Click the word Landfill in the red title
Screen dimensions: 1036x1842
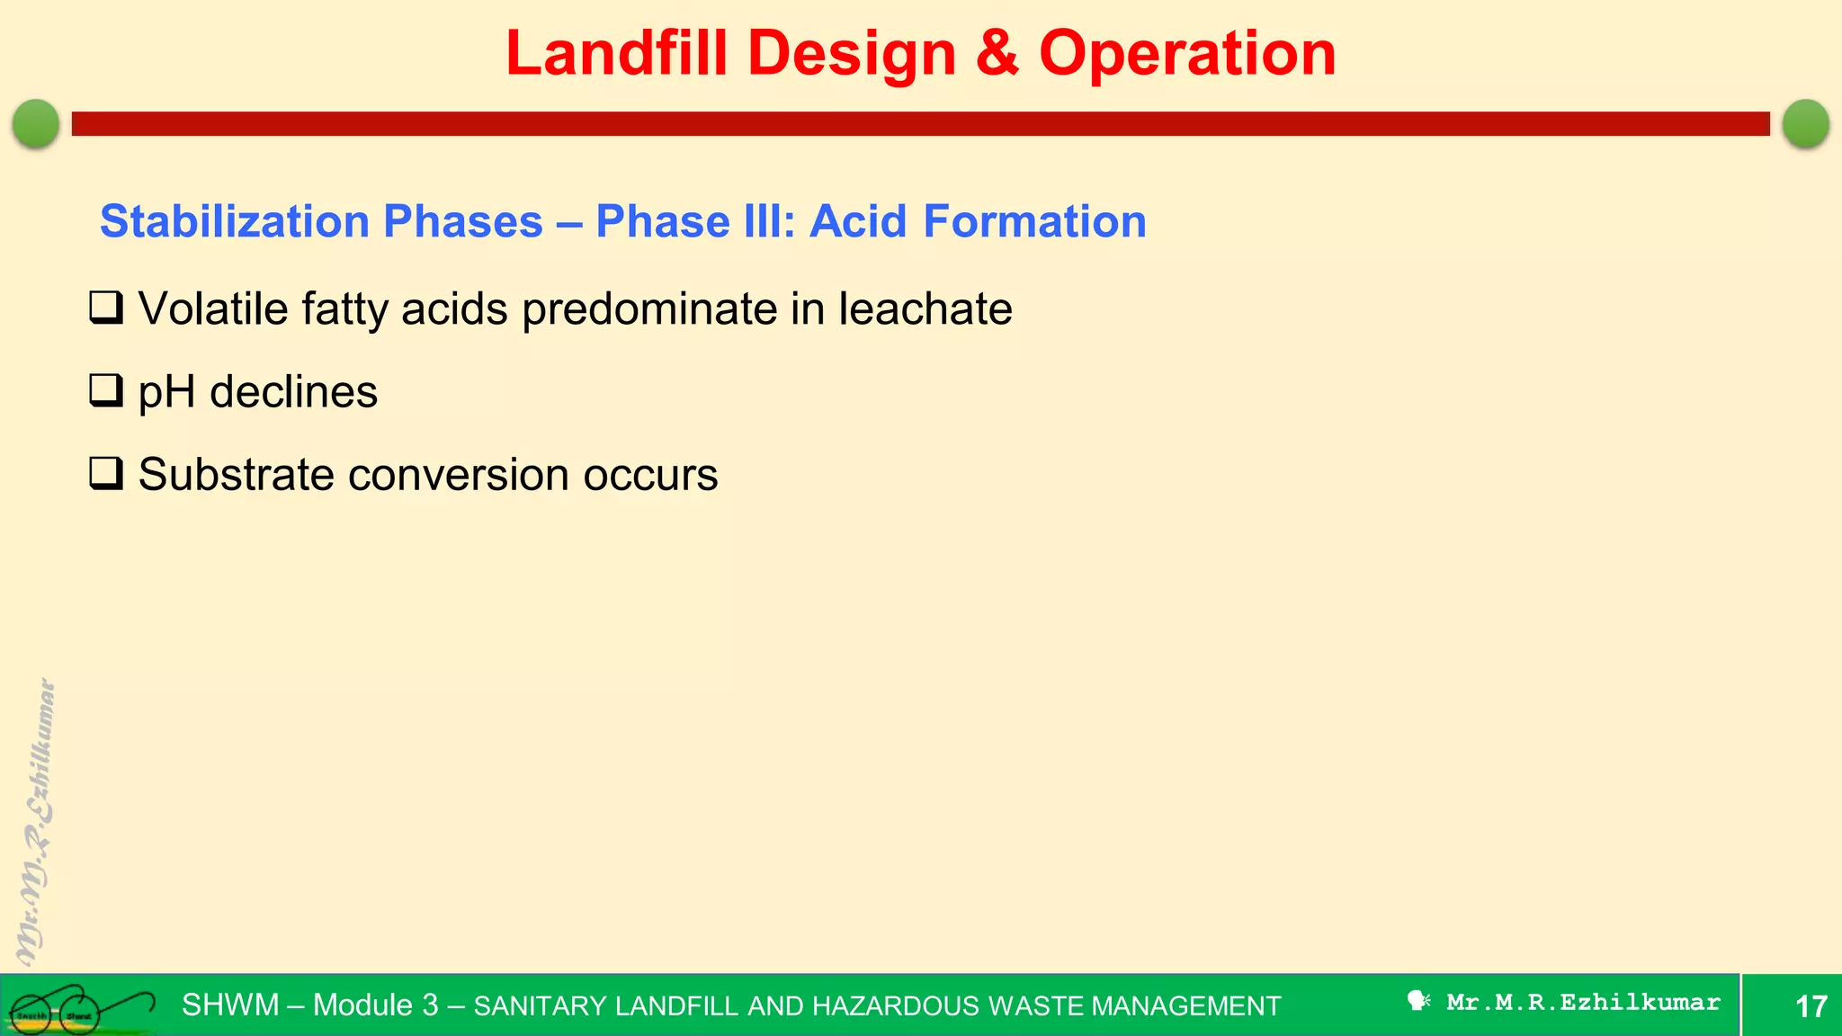[x=616, y=54]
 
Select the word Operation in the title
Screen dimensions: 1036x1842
[x=1187, y=54]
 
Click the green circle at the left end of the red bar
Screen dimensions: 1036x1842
[x=36, y=123]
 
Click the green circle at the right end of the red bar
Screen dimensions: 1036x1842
[x=1805, y=123]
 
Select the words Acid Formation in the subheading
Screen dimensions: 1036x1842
[x=978, y=221]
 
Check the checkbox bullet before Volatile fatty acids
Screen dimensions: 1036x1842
[x=106, y=308]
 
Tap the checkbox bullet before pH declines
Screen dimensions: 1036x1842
[x=106, y=390]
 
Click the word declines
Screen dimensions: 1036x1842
[x=293, y=392]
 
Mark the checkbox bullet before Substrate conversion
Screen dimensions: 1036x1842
[x=106, y=473]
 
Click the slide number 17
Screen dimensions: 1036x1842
[x=1811, y=1005]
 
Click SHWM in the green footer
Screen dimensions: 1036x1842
[x=230, y=1005]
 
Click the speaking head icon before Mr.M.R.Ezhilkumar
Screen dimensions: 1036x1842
[x=1418, y=1001]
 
